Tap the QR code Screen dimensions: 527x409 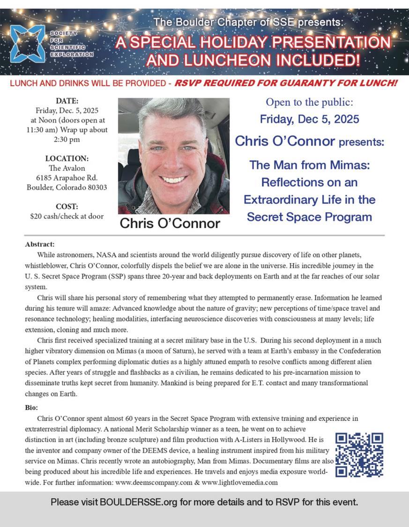tap(360, 455)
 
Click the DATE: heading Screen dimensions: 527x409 tap(67, 101)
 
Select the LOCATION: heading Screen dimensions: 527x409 tap(67, 158)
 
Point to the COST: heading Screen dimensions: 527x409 tap(67, 206)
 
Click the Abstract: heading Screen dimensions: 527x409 tap(40, 244)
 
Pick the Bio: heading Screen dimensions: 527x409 tap(31, 408)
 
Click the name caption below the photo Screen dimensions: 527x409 tap(170, 224)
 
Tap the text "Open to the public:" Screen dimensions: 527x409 tap(309, 102)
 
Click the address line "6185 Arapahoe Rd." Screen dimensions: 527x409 tap(67, 178)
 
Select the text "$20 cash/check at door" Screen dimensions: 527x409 tap(67, 216)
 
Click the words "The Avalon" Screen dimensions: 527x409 tap(67, 168)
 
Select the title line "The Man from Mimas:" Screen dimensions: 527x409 tap(309, 165)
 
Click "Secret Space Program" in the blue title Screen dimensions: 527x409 tap(309, 217)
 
